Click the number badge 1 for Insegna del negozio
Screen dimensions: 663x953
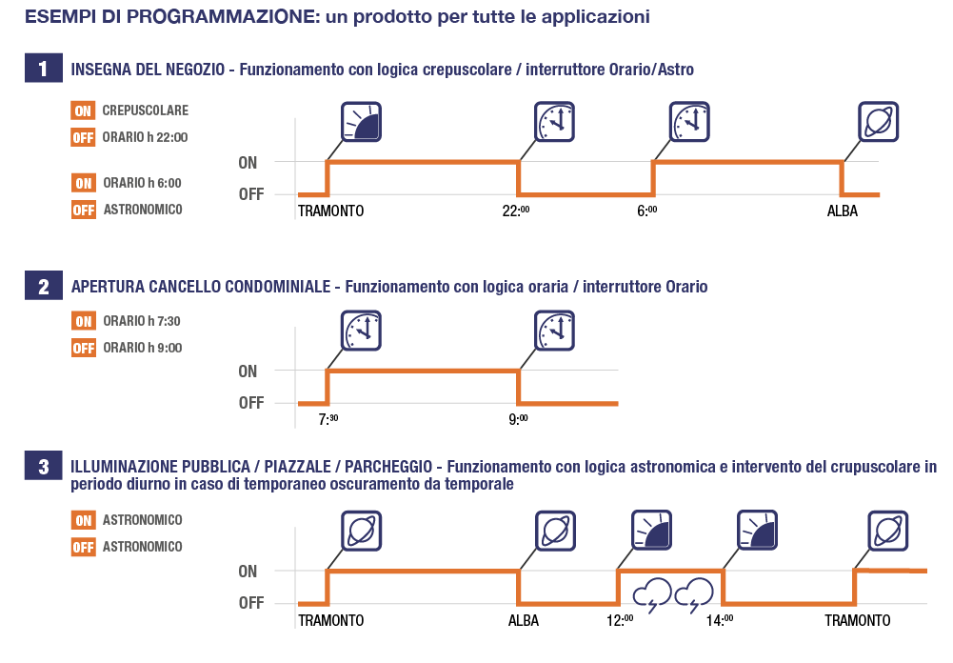click(43, 69)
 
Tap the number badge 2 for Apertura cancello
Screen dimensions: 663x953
click(43, 287)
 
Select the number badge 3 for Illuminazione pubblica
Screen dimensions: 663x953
click(43, 467)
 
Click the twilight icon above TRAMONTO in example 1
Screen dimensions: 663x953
click(362, 121)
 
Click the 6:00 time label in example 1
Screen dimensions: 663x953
click(647, 211)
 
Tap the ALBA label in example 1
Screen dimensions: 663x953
click(843, 211)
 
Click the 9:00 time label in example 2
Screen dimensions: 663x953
click(520, 420)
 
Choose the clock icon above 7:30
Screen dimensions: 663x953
click(362, 330)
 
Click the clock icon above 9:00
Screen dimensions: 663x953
click(554, 330)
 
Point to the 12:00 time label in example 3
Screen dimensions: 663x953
click(620, 621)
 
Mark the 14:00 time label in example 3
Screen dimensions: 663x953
click(721, 621)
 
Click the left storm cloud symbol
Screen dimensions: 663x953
click(652, 597)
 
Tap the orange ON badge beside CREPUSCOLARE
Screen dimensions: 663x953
click(83, 110)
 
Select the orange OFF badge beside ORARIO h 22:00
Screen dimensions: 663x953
click(83, 137)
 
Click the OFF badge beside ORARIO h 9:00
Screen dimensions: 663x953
click(83, 348)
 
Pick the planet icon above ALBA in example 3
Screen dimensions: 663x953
click(554, 531)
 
